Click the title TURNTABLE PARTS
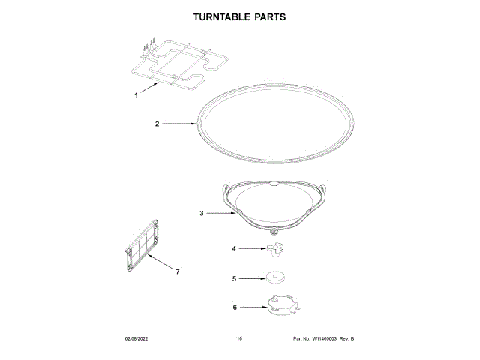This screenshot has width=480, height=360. [240, 16]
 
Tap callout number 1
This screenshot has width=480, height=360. [136, 95]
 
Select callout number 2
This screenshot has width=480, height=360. [157, 123]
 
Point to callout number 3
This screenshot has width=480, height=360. [202, 214]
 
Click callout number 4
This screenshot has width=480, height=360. [233, 248]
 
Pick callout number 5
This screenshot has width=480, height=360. [233, 278]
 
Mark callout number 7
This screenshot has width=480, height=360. [177, 271]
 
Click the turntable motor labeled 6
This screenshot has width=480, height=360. [280, 305]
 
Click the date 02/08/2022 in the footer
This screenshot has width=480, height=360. [138, 340]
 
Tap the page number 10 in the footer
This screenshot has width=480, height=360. [239, 340]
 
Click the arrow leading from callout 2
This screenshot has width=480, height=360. [180, 123]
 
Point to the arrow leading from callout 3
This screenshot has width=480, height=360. [221, 214]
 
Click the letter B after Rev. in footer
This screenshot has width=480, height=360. [352, 340]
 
